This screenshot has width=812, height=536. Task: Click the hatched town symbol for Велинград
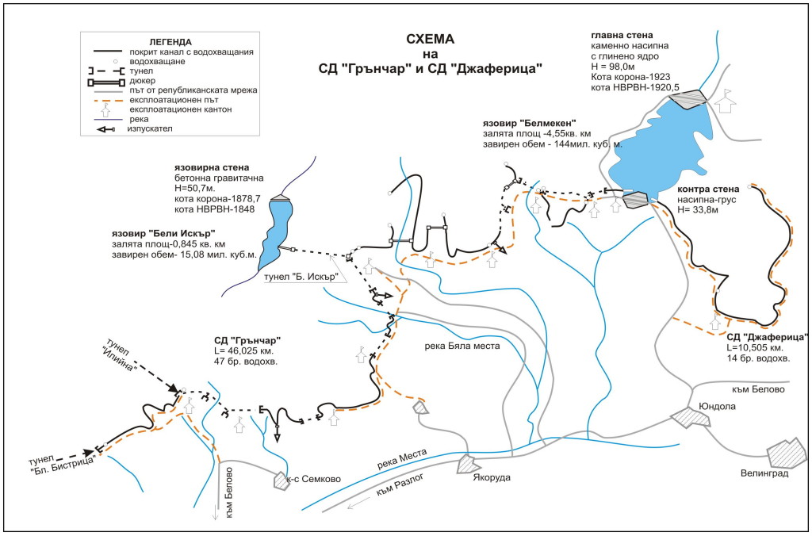[x=786, y=455]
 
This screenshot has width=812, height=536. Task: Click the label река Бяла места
[x=461, y=346]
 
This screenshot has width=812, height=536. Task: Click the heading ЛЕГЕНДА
[x=170, y=41]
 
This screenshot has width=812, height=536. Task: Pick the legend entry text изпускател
[x=151, y=128]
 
